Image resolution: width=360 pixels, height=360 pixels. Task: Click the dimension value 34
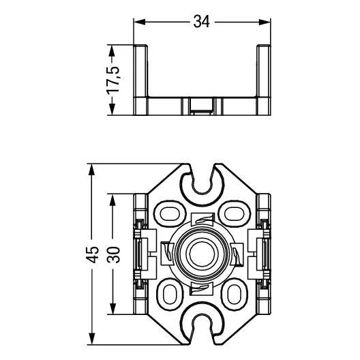pos(201,22)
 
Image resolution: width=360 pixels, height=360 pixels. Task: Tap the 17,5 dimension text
pos(113,80)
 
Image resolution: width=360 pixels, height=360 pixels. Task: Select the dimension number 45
pos(92,254)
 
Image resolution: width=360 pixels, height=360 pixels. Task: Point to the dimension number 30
pos(113,254)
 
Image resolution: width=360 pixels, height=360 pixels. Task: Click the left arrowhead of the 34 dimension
pos(140,22)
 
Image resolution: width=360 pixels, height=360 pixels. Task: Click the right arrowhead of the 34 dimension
pos(265,22)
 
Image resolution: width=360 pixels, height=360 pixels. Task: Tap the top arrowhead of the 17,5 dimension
pos(112,50)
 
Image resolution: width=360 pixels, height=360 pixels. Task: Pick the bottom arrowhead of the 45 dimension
pos(92,338)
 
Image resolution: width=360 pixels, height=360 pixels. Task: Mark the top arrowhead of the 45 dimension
pos(92,170)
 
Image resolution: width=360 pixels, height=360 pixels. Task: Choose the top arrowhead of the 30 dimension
pos(112,200)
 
